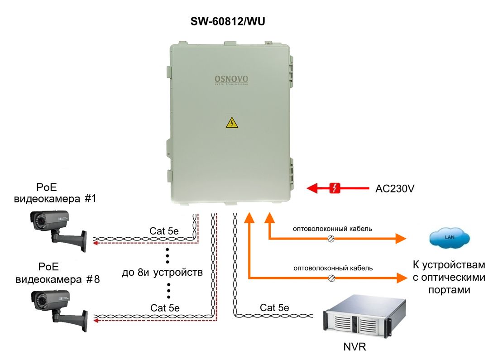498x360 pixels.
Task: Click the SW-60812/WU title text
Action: [228, 21]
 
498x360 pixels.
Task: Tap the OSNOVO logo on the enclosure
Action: [231, 79]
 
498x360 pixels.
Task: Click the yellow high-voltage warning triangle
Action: [232, 122]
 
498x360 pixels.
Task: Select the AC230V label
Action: [395, 189]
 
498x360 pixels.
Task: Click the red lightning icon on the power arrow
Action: [334, 188]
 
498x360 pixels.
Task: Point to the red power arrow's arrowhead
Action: [312, 188]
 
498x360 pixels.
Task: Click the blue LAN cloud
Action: [450, 237]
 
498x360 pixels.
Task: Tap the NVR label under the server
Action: [354, 347]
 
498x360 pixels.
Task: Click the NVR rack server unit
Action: [364, 316]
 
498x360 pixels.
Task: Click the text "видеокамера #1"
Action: [55, 199]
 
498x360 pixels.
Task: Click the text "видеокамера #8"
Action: [57, 279]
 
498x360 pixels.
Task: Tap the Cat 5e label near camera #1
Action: [164, 231]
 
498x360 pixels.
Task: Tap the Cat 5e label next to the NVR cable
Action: [274, 307]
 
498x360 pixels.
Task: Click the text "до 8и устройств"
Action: [162, 273]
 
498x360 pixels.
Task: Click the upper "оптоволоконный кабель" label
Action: [332, 229]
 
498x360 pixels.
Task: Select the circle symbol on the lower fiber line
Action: [331, 278]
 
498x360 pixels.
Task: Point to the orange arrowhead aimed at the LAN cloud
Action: [401, 238]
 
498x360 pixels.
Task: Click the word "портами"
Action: [449, 290]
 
